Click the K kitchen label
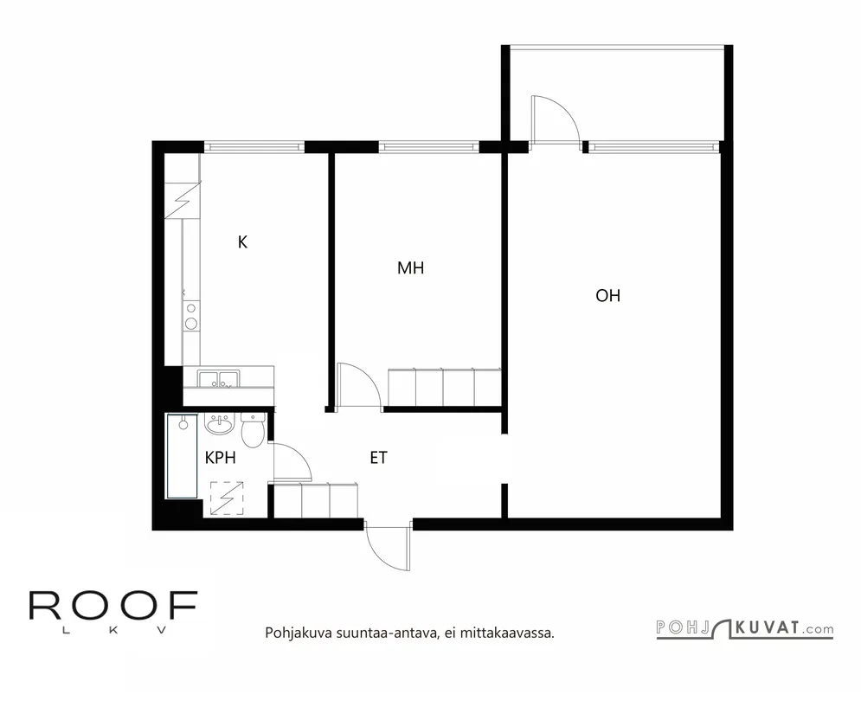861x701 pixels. pos(242,241)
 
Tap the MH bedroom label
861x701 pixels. pos(410,268)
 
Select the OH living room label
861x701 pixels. pos(607,296)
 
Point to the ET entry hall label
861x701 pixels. pos(378,458)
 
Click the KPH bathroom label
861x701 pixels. pos(220,458)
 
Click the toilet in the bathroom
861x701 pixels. pos(254,430)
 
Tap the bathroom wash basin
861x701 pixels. pos(220,423)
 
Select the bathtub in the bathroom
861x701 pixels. pos(183,456)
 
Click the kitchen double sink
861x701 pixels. pos(219,379)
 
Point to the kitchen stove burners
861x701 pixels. pos(191,317)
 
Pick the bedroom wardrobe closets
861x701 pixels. pos(444,388)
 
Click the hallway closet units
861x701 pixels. pos(316,499)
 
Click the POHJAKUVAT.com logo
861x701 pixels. pos(744,629)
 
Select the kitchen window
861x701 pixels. pos(254,146)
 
